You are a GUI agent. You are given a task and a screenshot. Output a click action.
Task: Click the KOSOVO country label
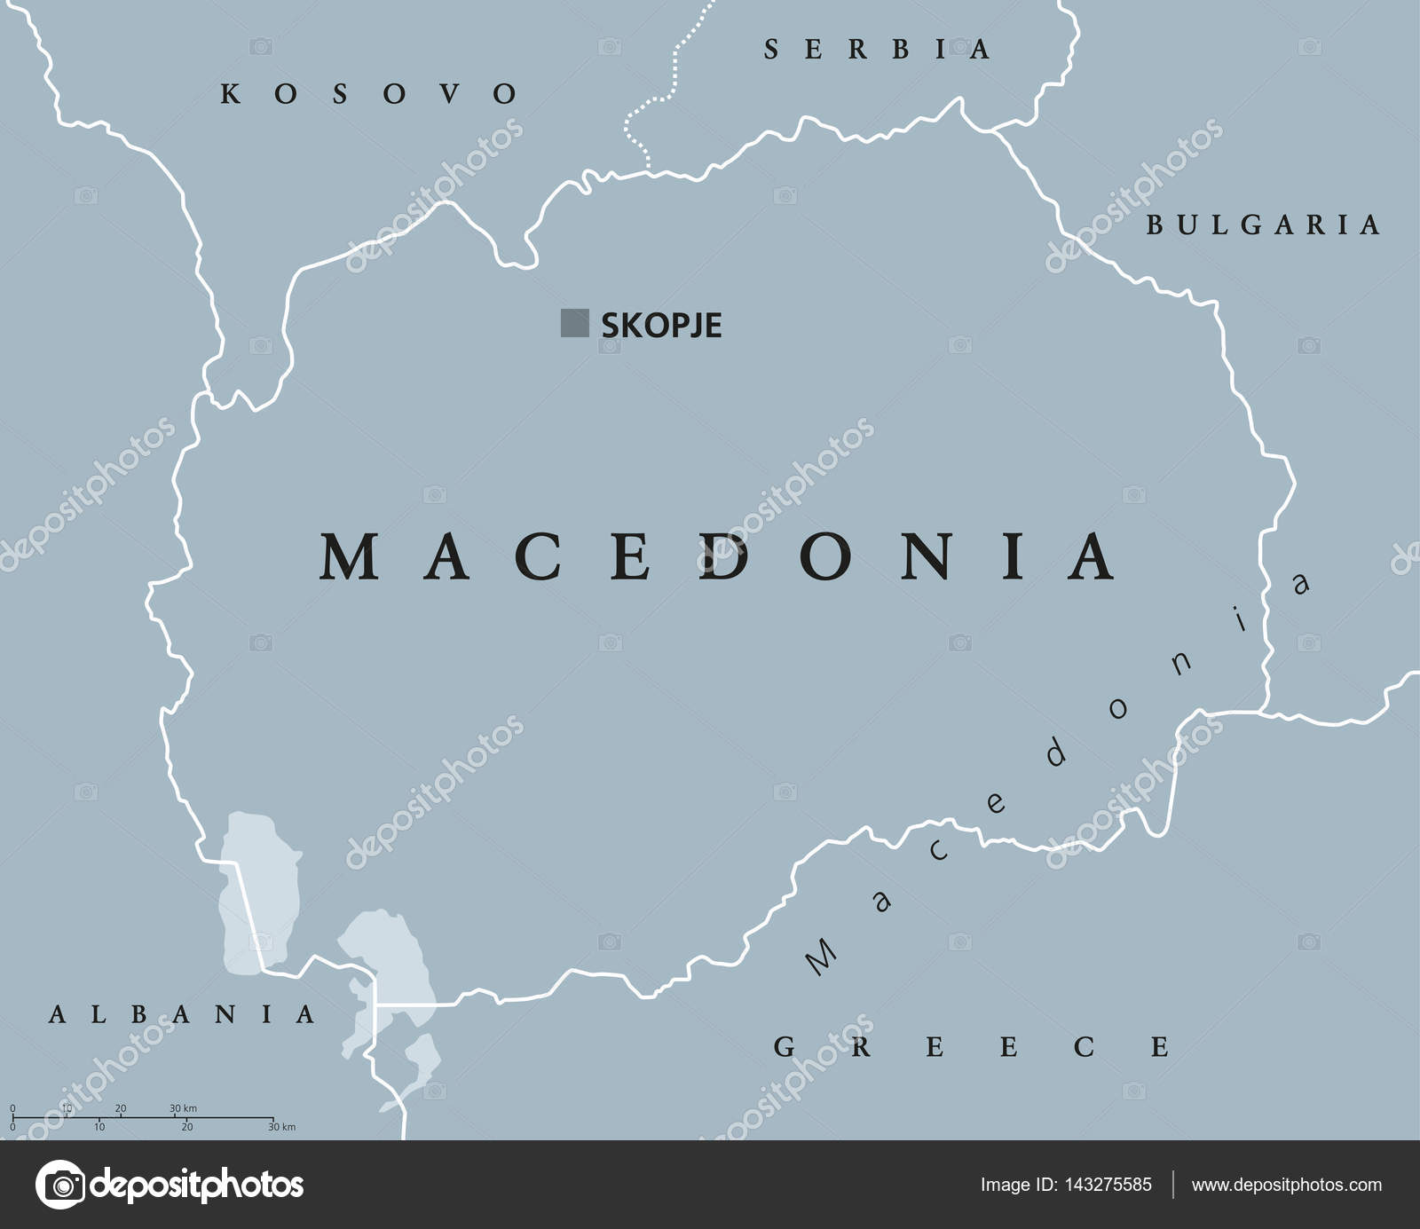(368, 93)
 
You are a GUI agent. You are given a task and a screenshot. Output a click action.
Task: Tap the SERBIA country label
(876, 49)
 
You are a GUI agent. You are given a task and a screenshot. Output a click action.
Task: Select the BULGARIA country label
(1263, 225)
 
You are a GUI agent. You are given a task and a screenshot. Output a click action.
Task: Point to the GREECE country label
(971, 1047)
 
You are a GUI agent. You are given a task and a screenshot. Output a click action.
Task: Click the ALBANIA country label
(182, 1013)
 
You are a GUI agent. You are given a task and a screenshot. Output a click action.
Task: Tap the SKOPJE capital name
(661, 326)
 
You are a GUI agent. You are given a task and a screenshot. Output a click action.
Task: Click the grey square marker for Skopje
(574, 323)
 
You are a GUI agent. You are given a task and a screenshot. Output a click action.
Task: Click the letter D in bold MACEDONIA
(725, 556)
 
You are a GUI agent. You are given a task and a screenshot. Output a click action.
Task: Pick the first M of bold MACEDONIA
(349, 556)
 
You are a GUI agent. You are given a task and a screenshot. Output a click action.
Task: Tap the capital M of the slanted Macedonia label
(820, 957)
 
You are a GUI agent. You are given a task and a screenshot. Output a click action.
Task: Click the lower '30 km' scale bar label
(282, 1127)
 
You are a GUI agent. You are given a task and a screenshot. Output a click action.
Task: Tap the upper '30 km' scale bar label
(183, 1108)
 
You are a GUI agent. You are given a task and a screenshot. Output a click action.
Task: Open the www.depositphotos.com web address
(1286, 1185)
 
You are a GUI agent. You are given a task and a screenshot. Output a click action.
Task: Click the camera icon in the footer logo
(60, 1185)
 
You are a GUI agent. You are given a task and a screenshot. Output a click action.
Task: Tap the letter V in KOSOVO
(450, 93)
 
